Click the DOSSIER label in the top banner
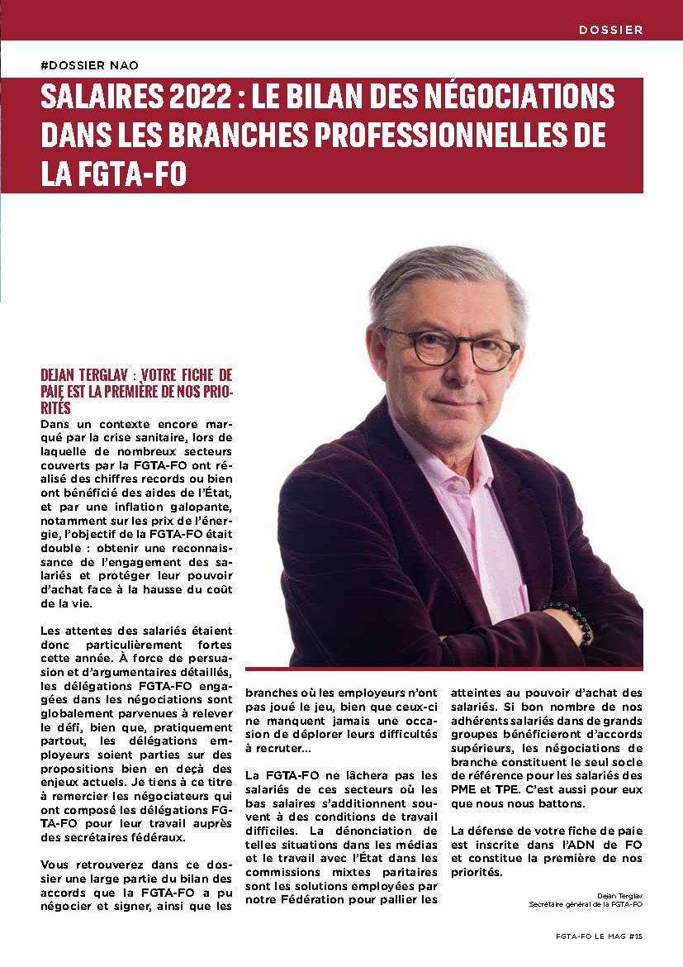610,29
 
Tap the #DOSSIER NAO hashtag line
94,65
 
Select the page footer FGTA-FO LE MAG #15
599,936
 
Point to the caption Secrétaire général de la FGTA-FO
586,903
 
